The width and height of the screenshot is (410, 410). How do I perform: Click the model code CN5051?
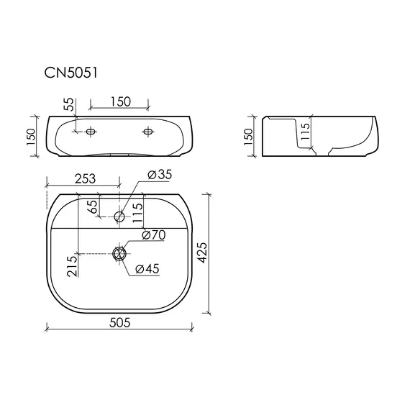tap(71, 73)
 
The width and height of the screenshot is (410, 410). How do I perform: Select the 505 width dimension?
tap(119, 322)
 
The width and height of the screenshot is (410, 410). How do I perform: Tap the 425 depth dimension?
tap(202, 253)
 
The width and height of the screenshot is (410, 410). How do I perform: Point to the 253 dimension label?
tap(86, 179)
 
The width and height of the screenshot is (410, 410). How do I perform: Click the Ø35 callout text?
tap(160, 175)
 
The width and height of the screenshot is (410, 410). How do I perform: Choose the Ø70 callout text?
tap(154, 235)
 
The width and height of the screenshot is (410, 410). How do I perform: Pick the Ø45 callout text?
tap(147, 269)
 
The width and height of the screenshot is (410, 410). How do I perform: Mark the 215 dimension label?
tap(72, 266)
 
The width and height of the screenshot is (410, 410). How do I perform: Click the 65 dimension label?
tap(93, 207)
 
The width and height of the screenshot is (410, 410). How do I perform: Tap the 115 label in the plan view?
tap(138, 213)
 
